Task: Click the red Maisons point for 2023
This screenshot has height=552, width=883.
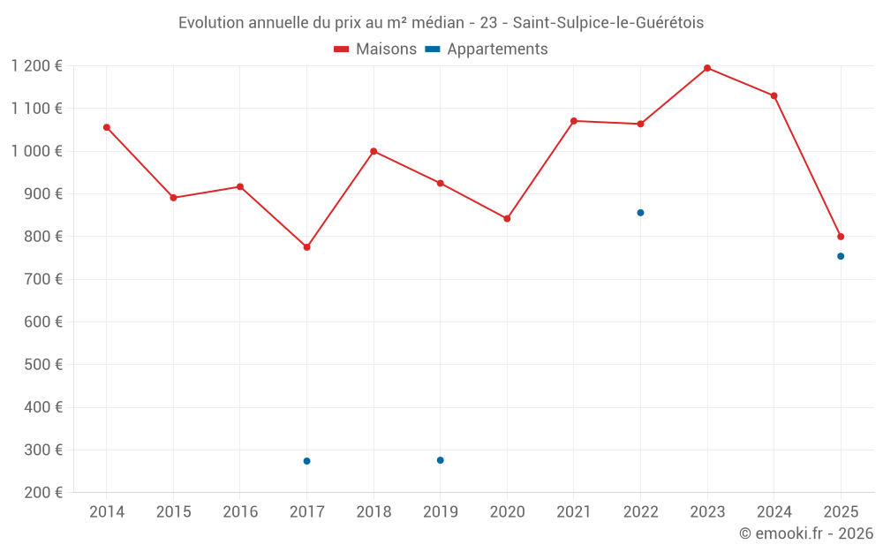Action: pyautogui.click(x=707, y=68)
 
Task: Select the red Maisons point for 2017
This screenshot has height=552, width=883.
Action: pyautogui.click(x=307, y=247)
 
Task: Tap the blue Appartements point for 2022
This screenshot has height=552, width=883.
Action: pyautogui.click(x=640, y=213)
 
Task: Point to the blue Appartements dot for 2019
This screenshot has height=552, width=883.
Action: pyautogui.click(x=441, y=460)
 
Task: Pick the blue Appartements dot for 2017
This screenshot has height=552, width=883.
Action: pyautogui.click(x=307, y=461)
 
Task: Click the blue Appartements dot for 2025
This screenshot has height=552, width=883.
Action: pyautogui.click(x=841, y=256)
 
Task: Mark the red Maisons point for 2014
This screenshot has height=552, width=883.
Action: pyautogui.click(x=107, y=127)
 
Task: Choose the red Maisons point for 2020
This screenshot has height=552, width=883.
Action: pyautogui.click(x=507, y=218)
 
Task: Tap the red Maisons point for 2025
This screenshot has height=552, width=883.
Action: pyautogui.click(x=841, y=237)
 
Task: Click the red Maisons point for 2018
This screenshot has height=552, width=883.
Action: pyautogui.click(x=374, y=151)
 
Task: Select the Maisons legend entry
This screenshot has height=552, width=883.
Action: pyautogui.click(x=375, y=49)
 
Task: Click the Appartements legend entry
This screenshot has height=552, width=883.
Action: pyautogui.click(x=486, y=49)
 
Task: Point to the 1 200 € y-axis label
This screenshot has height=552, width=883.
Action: pyautogui.click(x=36, y=66)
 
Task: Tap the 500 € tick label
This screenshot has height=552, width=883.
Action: pyautogui.click(x=43, y=365)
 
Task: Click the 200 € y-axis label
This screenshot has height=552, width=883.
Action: pyautogui.click(x=43, y=492)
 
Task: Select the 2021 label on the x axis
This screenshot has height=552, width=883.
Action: pyautogui.click(x=573, y=511)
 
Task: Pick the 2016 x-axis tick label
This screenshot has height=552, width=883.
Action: pyautogui.click(x=240, y=511)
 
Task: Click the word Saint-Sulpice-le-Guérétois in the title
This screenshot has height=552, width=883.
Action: pyautogui.click(x=608, y=23)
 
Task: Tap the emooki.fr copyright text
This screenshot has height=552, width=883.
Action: pyautogui.click(x=806, y=533)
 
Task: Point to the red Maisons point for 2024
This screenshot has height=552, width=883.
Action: pyautogui.click(x=774, y=95)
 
